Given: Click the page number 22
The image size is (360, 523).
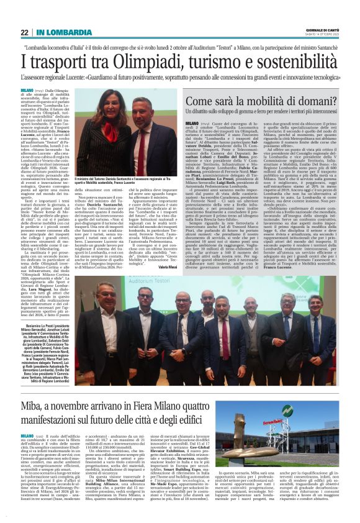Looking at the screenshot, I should click(x=24, y=32).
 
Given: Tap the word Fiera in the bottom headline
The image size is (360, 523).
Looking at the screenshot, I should click(x=187, y=406).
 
